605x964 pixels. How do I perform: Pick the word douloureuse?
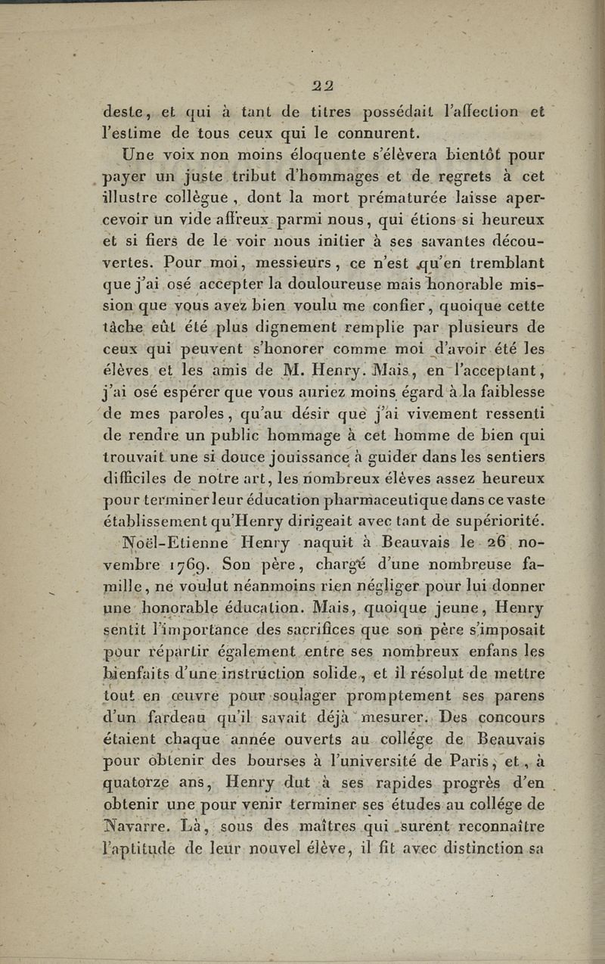coord(318,286)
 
